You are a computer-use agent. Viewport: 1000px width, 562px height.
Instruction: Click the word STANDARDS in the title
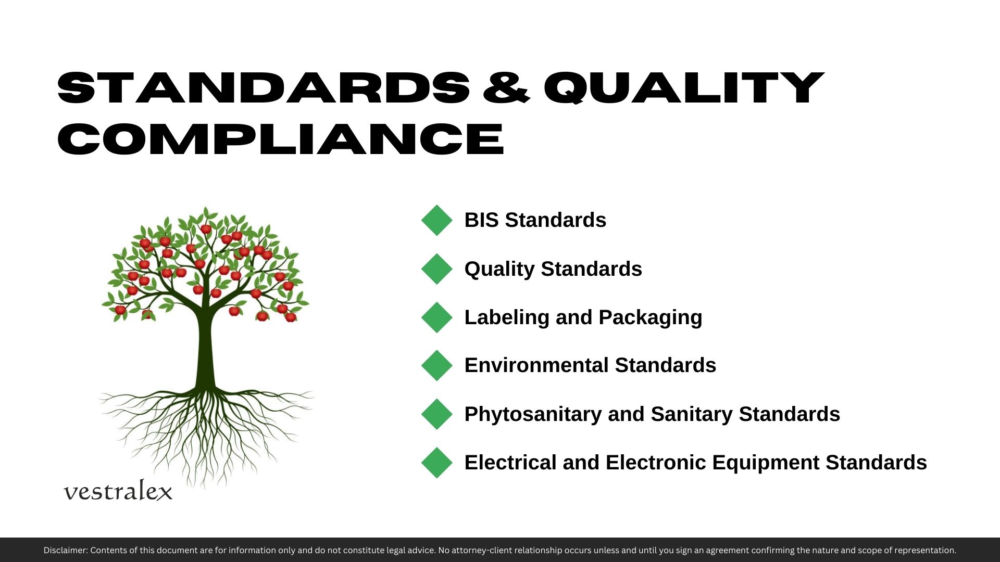(x=264, y=87)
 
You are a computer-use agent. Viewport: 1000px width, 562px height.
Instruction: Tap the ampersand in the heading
(x=506, y=87)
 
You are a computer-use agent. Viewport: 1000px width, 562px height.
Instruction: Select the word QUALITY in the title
(x=684, y=87)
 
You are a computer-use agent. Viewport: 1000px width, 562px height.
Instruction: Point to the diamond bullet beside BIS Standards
(x=437, y=220)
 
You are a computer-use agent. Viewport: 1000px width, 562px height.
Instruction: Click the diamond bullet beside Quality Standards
(x=437, y=269)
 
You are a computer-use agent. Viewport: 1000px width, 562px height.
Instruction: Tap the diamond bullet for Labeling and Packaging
(x=437, y=317)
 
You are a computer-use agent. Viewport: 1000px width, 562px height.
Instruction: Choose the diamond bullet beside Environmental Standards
(x=437, y=365)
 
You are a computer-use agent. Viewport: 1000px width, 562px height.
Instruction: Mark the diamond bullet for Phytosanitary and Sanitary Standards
(x=437, y=414)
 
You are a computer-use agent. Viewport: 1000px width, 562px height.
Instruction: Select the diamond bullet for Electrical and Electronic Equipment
(x=437, y=463)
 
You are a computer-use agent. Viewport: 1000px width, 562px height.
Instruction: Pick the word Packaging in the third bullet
(x=651, y=318)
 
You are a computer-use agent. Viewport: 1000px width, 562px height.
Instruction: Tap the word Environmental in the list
(x=536, y=365)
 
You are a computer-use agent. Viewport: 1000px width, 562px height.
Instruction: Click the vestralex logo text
(x=118, y=491)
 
